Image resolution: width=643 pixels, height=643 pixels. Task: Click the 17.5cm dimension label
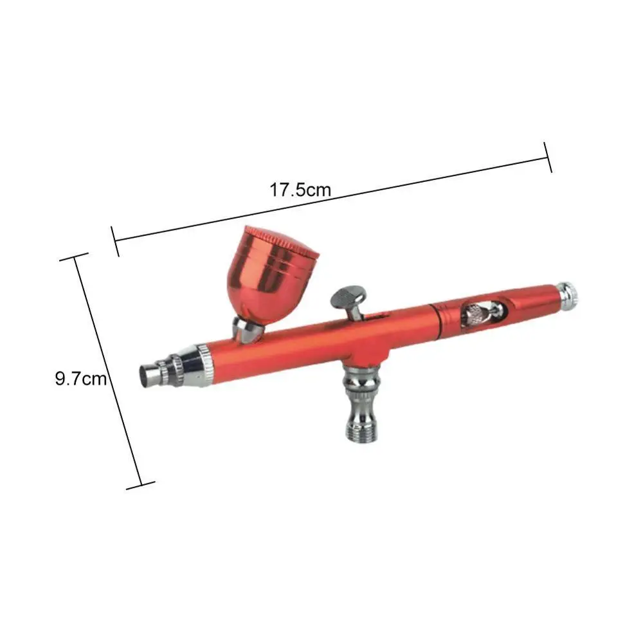click(300, 190)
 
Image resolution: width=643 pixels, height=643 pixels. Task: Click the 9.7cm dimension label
click(80, 379)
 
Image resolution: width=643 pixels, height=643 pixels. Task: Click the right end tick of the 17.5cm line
click(548, 158)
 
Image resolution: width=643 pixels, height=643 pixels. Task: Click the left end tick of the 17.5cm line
click(116, 241)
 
